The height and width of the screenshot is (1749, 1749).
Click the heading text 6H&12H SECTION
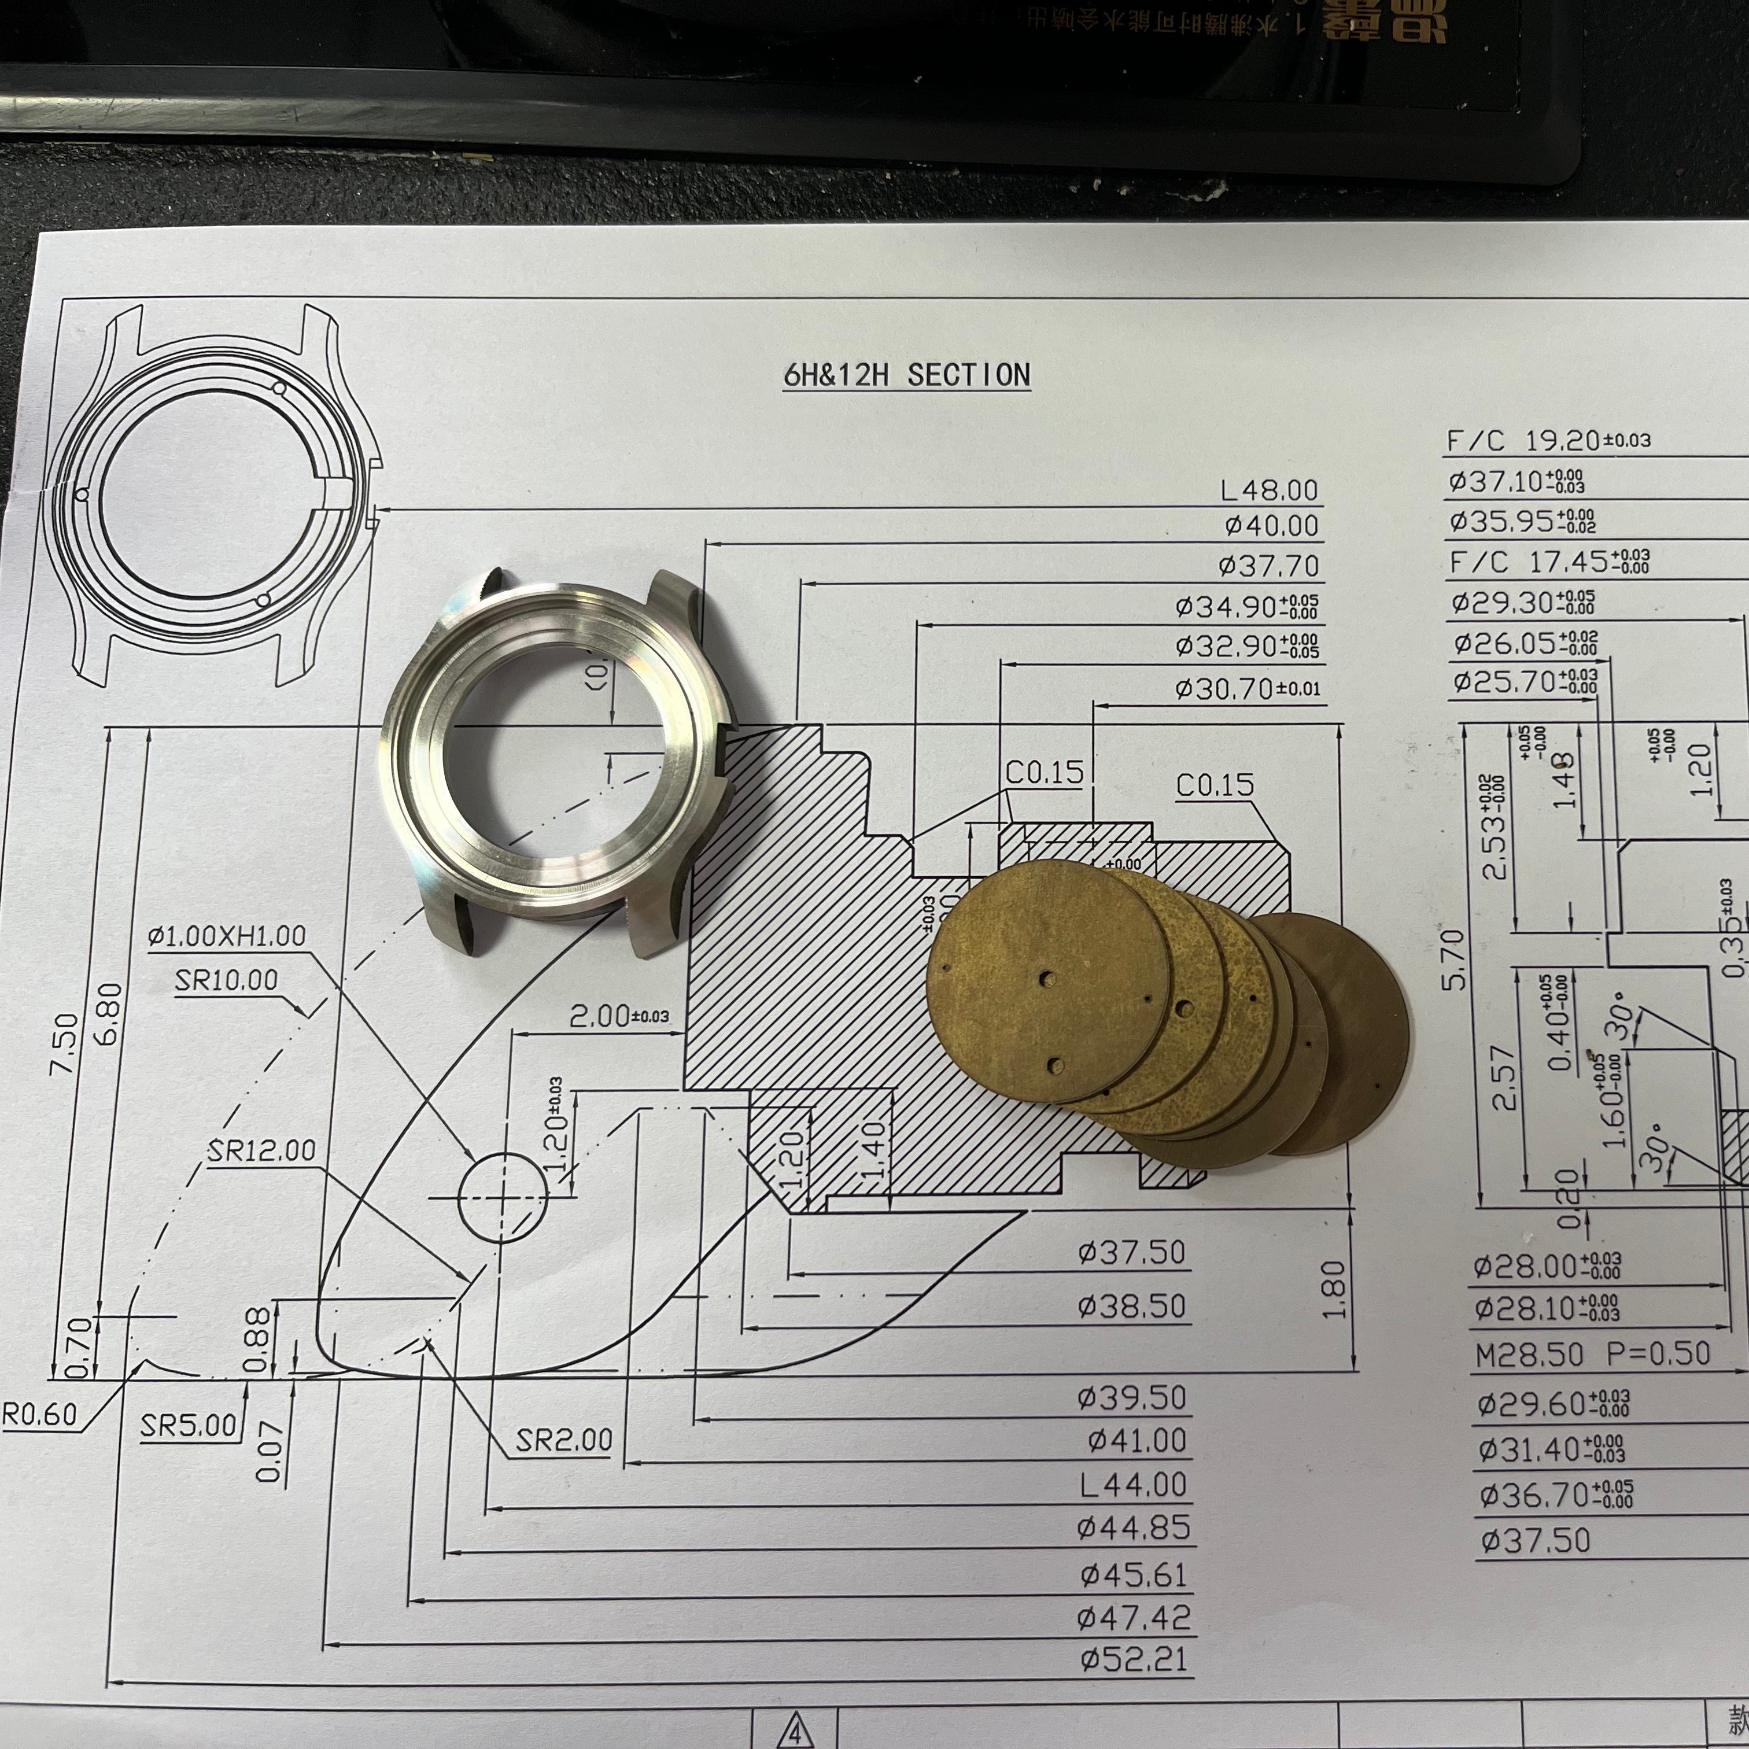tap(906, 375)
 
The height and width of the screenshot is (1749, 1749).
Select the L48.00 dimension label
tap(1268, 490)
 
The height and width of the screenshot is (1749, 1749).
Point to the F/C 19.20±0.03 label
tap(1548, 441)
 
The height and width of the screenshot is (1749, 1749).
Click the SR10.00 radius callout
tap(226, 980)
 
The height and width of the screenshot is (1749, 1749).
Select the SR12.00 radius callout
tap(261, 1150)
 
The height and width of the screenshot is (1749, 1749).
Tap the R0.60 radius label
tap(40, 1415)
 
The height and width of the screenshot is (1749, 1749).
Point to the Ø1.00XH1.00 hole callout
tap(226, 935)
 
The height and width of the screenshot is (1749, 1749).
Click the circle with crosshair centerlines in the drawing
tap(503, 1197)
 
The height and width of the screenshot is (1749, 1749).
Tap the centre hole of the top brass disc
tap(1046, 980)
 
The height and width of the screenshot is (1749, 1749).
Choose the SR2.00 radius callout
tap(563, 1440)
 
